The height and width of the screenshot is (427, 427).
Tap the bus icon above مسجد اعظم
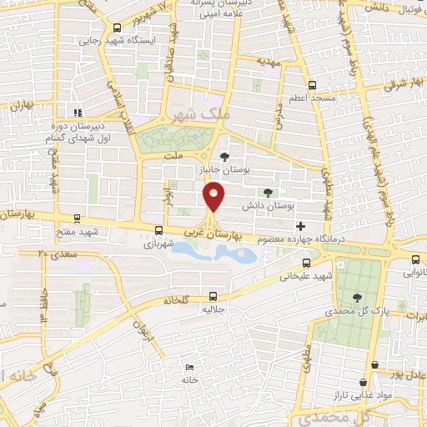click(x=313, y=85)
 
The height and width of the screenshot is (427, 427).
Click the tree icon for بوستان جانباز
click(x=224, y=156)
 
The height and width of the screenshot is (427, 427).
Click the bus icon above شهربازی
click(x=158, y=230)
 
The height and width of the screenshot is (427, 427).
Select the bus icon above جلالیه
click(x=213, y=295)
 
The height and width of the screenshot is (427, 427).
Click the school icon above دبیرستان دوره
click(x=78, y=113)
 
